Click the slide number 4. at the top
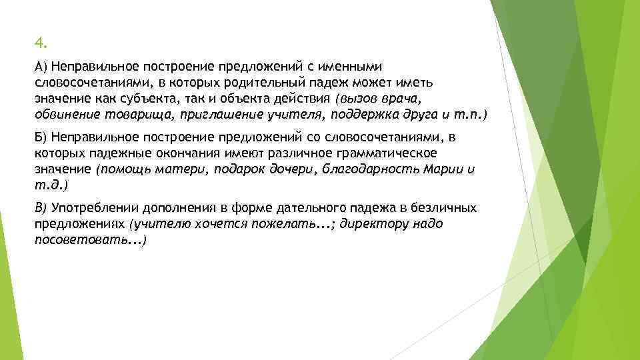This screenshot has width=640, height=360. [x=41, y=44]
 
